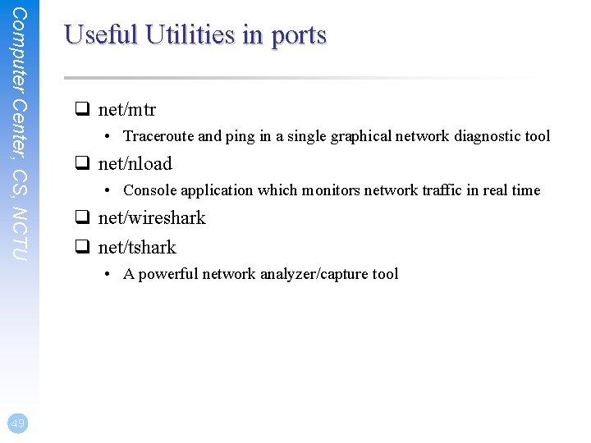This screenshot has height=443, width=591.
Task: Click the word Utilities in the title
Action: pos(191,34)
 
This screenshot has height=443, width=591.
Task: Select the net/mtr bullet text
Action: pos(127,110)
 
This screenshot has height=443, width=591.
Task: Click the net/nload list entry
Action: pos(135,164)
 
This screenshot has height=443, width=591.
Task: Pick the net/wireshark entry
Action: pos(152,218)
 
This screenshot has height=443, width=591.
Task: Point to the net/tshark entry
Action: pos(137,248)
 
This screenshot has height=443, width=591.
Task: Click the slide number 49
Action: pos(17,422)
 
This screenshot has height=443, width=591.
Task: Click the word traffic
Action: pos(451,190)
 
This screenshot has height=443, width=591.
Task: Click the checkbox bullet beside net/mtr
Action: pos(82,110)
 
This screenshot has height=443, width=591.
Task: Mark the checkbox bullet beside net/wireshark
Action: pos(82,218)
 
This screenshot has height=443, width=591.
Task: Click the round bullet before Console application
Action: pos(108,190)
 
